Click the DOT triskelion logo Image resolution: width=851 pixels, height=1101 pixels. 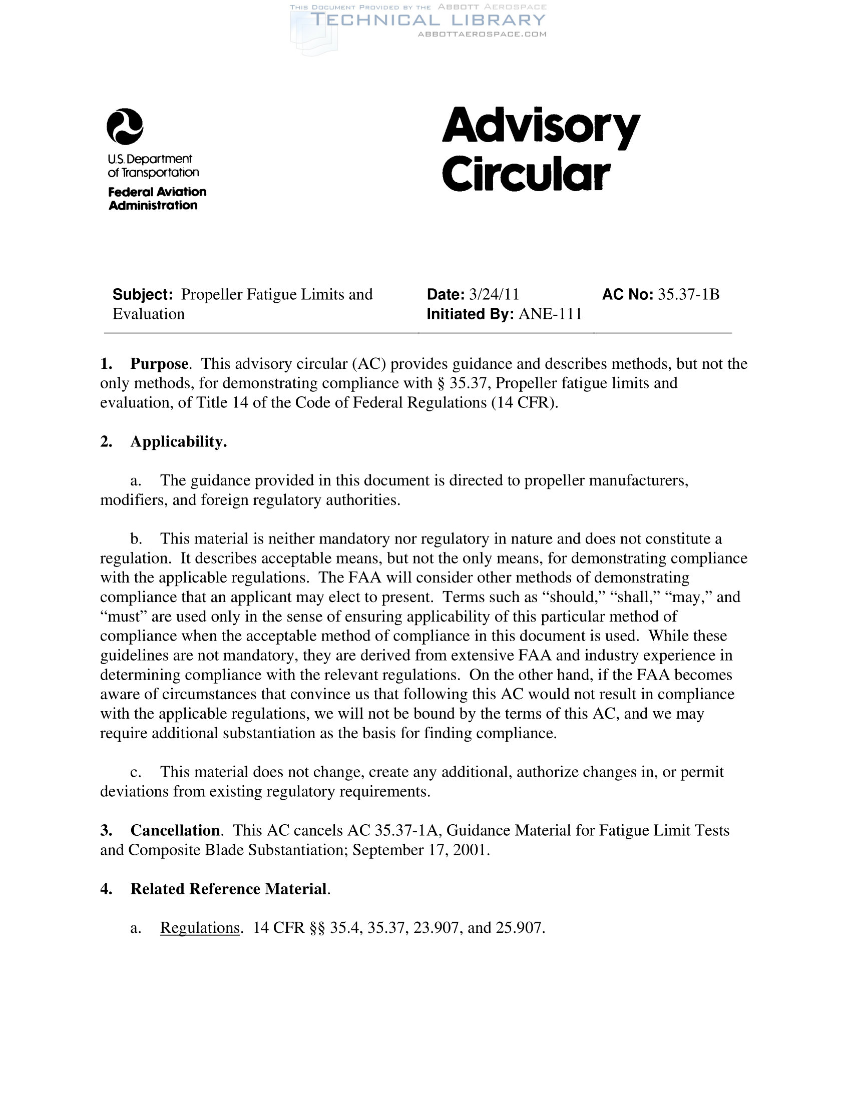click(125, 127)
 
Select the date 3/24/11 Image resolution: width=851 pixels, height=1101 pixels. click(494, 294)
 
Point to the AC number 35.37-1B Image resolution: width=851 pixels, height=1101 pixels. click(688, 294)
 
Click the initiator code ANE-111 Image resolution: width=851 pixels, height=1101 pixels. click(550, 314)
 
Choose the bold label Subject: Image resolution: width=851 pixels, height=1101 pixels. click(143, 294)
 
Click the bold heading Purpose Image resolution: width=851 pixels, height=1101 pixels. click(159, 363)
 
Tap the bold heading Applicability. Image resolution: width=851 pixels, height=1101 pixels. click(179, 441)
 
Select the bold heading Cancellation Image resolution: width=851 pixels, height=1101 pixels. click(175, 830)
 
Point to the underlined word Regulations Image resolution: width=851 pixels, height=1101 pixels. click(200, 927)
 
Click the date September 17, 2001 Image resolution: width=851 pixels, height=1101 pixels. click(420, 850)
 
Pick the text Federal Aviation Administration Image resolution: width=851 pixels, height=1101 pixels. click(157, 199)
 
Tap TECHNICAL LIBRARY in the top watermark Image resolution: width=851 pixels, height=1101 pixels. click(428, 20)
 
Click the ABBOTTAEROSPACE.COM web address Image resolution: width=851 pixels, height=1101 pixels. click(482, 34)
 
